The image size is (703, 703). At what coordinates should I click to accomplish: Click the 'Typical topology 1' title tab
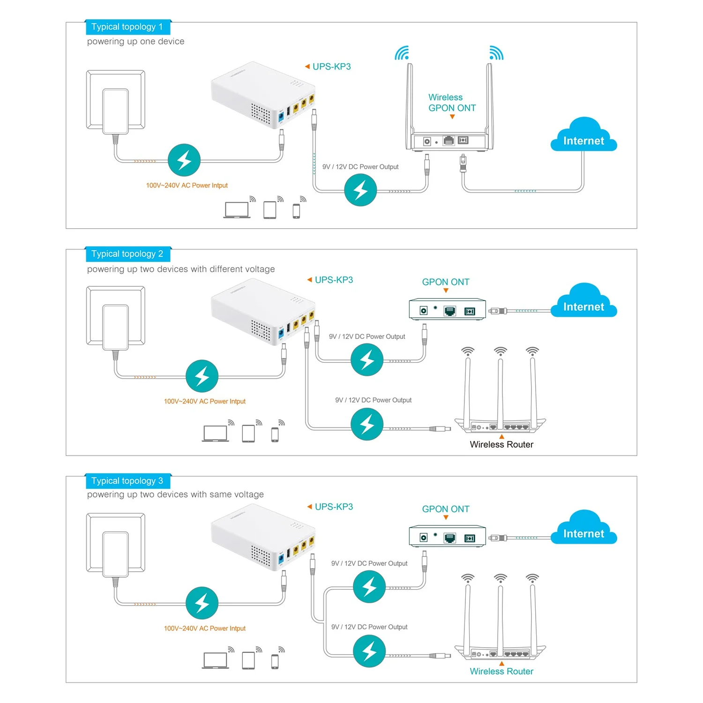pyautogui.click(x=127, y=27)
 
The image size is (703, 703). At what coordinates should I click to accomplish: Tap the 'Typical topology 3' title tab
pyautogui.click(x=127, y=481)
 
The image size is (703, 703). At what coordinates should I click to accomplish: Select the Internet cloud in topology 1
pyautogui.click(x=583, y=137)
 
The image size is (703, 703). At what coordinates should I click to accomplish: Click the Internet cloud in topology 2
pyautogui.click(x=583, y=303)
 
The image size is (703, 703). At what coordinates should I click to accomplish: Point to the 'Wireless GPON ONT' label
pyautogui.click(x=452, y=103)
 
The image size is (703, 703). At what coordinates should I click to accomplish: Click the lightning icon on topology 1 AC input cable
pyautogui.click(x=184, y=160)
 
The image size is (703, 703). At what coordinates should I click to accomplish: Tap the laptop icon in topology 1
pyautogui.click(x=237, y=210)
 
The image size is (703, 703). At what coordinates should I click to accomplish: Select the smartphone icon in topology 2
pyautogui.click(x=275, y=434)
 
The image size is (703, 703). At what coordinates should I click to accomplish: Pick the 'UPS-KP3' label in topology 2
pyautogui.click(x=334, y=280)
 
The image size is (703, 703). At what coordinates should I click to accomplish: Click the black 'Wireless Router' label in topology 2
pyautogui.click(x=501, y=445)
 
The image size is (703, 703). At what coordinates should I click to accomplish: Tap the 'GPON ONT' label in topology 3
pyautogui.click(x=446, y=509)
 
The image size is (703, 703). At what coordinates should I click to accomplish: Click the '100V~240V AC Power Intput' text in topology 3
pyautogui.click(x=205, y=628)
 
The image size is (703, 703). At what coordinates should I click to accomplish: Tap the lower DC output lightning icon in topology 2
pyautogui.click(x=367, y=424)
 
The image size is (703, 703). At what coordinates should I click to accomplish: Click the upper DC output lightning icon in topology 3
pyautogui.click(x=369, y=587)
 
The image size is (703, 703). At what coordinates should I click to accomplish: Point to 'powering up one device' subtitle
pyautogui.click(x=136, y=42)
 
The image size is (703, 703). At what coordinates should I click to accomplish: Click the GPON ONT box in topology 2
pyautogui.click(x=447, y=310)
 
